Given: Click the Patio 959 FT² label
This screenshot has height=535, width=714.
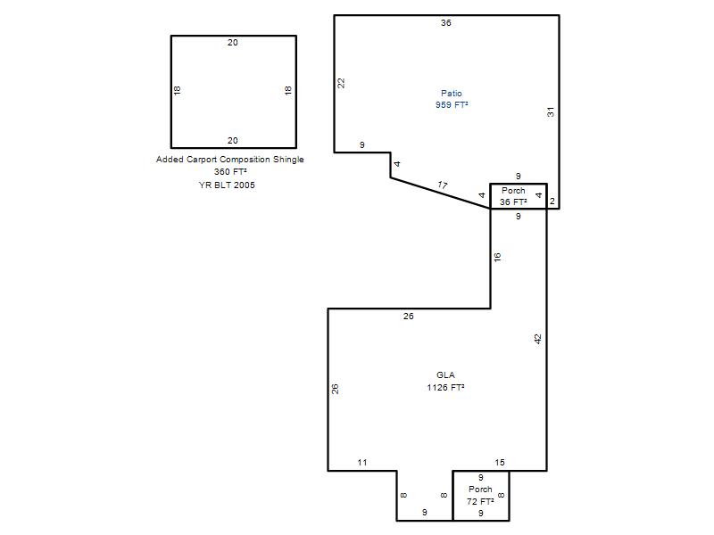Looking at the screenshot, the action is pyautogui.click(x=452, y=99).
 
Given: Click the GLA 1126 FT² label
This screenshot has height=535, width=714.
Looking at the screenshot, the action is pyautogui.click(x=445, y=382).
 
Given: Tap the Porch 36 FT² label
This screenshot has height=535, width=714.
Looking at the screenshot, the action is pyautogui.click(x=513, y=196).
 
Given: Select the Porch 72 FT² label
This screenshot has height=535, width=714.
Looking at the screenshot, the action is pyautogui.click(x=480, y=496).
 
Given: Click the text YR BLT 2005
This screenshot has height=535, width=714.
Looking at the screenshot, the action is pyautogui.click(x=227, y=185).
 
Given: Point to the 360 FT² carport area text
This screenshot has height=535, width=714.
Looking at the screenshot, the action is pyautogui.click(x=230, y=172).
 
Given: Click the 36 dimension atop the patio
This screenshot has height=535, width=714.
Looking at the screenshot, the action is pyautogui.click(x=446, y=23).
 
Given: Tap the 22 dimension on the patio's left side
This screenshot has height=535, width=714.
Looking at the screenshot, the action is pyautogui.click(x=341, y=83).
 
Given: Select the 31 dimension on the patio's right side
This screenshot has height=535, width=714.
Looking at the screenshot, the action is pyautogui.click(x=551, y=112).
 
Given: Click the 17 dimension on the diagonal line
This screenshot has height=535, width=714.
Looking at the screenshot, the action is pyautogui.click(x=442, y=185).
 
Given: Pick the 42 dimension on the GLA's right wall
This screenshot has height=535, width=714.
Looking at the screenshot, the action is pyautogui.click(x=538, y=339).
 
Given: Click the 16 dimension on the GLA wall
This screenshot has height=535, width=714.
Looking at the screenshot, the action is pyautogui.click(x=497, y=257).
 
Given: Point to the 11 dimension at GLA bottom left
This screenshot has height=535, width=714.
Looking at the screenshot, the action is pyautogui.click(x=362, y=463).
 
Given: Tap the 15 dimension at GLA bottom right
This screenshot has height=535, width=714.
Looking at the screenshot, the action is pyautogui.click(x=500, y=463).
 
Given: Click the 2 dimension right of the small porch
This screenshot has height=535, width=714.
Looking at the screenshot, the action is pyautogui.click(x=552, y=202).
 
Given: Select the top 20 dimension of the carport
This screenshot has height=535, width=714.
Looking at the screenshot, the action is pyautogui.click(x=233, y=43).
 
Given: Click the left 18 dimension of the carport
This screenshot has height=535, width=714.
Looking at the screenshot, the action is pyautogui.click(x=177, y=90).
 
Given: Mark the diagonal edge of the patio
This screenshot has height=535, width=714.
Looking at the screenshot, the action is pyautogui.click(x=440, y=193).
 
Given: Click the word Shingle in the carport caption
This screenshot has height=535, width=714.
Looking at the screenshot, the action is pyautogui.click(x=288, y=160).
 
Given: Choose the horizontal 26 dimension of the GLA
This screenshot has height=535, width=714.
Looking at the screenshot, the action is pyautogui.click(x=409, y=317).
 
